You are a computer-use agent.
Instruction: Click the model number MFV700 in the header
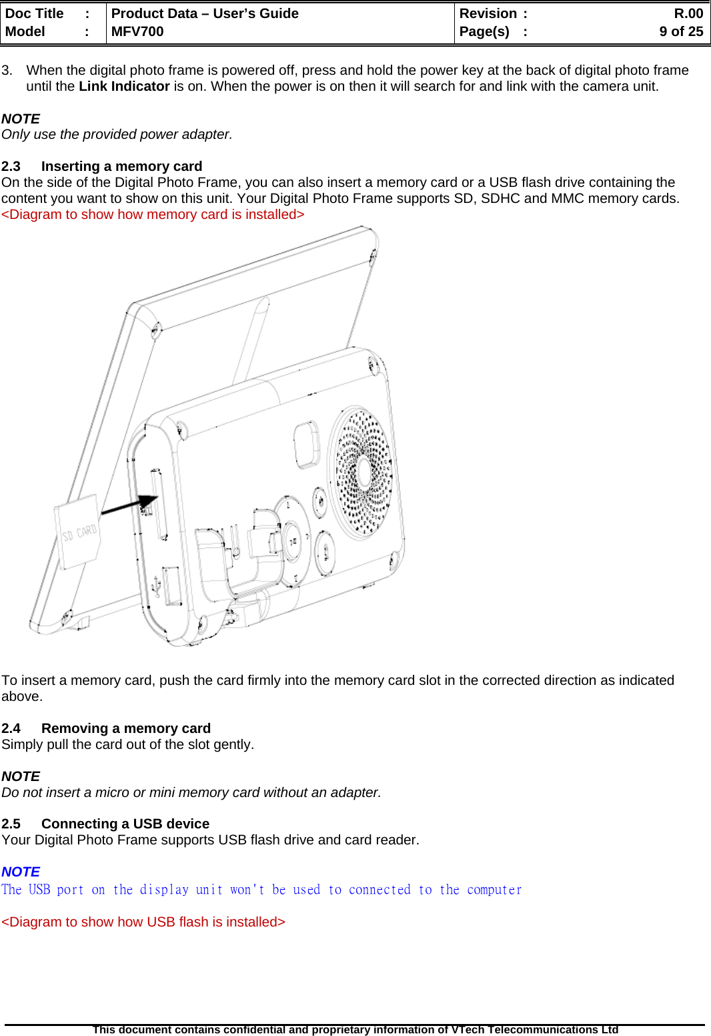tap(137, 31)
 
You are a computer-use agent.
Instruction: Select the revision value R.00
tap(688, 13)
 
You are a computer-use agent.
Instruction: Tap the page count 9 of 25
tap(681, 31)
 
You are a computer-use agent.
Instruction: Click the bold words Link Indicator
tap(124, 86)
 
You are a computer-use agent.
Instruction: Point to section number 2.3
tap(11, 166)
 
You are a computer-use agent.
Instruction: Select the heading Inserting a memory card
tap(121, 166)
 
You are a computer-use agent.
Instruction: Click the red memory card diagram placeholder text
tap(153, 214)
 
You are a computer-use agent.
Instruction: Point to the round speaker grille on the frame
tap(364, 471)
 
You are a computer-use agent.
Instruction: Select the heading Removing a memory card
tap(125, 728)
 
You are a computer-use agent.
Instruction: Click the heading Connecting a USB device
tap(125, 824)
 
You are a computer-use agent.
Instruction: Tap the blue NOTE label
tap(21, 872)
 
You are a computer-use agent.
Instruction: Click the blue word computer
tap(494, 890)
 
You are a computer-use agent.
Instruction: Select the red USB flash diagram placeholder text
tap(143, 922)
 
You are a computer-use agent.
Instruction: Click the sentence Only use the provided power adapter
tap(117, 134)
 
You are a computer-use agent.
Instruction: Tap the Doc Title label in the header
tap(34, 13)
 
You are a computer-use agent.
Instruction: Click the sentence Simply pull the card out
tap(127, 744)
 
